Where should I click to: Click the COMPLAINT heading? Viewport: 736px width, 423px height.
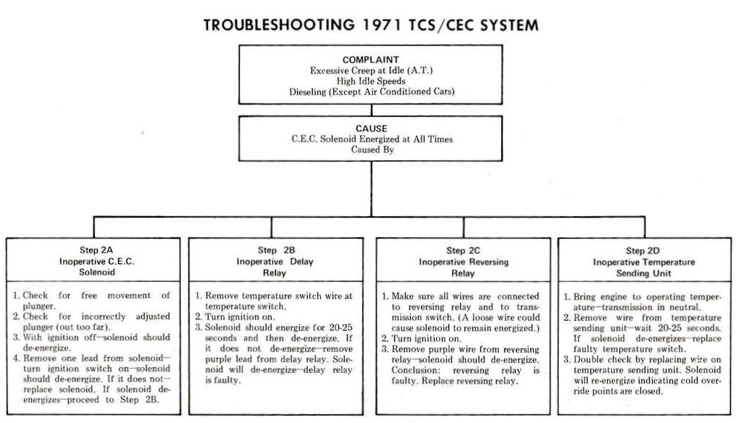click(x=371, y=59)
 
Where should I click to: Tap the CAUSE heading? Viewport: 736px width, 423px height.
click(x=372, y=128)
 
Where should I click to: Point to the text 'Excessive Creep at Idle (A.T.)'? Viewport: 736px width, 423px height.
click(x=371, y=70)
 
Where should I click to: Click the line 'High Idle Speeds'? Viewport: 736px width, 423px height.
click(x=371, y=81)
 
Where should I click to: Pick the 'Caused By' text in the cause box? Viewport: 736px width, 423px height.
click(x=372, y=149)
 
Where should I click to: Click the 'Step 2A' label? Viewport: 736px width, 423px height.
click(x=96, y=250)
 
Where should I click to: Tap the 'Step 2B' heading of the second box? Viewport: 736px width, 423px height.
click(x=277, y=250)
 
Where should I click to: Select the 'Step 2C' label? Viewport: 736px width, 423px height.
click(x=463, y=250)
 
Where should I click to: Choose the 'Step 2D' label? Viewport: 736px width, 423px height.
click(x=643, y=251)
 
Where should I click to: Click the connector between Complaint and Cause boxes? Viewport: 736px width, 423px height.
click(x=372, y=110)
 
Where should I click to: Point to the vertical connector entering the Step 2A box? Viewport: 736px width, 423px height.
click(x=94, y=228)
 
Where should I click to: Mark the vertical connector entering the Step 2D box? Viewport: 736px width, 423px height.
click(x=645, y=228)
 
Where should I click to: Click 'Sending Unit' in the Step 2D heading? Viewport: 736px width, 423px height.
click(x=643, y=273)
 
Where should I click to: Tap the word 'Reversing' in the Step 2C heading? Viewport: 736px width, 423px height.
click(x=486, y=262)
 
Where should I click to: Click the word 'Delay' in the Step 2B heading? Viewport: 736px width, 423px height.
click(x=301, y=261)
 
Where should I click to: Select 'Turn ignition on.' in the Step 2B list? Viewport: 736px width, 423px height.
click(x=240, y=317)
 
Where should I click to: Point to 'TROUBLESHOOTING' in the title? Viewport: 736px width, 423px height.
click(x=280, y=25)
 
